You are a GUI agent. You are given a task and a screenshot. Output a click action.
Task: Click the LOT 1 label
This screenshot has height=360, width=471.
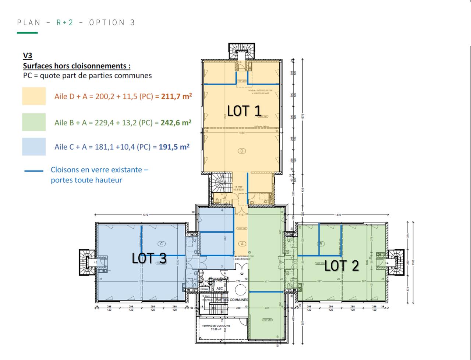(244, 111)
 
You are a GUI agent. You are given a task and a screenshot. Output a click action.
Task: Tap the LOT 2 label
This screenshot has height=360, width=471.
(341, 265)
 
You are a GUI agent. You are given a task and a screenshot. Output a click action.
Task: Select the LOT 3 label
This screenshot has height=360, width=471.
(149, 258)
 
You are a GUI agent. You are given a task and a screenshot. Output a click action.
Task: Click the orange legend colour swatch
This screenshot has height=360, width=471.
(34, 96)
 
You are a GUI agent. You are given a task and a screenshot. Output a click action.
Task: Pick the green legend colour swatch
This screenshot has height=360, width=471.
(34, 122)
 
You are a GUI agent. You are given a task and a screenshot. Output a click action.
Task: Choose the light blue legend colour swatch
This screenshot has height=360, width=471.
(34, 147)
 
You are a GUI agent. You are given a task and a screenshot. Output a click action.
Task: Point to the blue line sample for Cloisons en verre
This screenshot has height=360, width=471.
(34, 171)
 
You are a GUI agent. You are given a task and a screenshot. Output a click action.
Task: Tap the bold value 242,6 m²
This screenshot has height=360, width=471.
(176, 123)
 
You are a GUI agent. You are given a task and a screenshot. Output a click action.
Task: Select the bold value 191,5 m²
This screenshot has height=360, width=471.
(174, 147)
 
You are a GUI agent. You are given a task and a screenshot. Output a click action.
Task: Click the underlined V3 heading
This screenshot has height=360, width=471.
(28, 56)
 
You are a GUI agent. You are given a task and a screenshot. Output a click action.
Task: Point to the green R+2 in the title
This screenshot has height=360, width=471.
(65, 23)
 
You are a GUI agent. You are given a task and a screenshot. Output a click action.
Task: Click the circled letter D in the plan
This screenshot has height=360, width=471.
(242, 151)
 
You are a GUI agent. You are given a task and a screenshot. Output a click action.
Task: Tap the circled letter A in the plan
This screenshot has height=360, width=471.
(242, 243)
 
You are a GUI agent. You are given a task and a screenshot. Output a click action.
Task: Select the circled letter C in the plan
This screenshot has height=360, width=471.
(161, 243)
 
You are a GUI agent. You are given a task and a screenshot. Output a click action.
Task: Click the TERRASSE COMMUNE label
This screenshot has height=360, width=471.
(216, 326)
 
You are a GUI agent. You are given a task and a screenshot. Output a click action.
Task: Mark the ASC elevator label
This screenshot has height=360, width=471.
(220, 288)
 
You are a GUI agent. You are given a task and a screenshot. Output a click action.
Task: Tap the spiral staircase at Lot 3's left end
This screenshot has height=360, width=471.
(87, 262)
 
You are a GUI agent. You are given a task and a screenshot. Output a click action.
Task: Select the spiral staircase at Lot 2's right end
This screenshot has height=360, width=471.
(396, 262)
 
